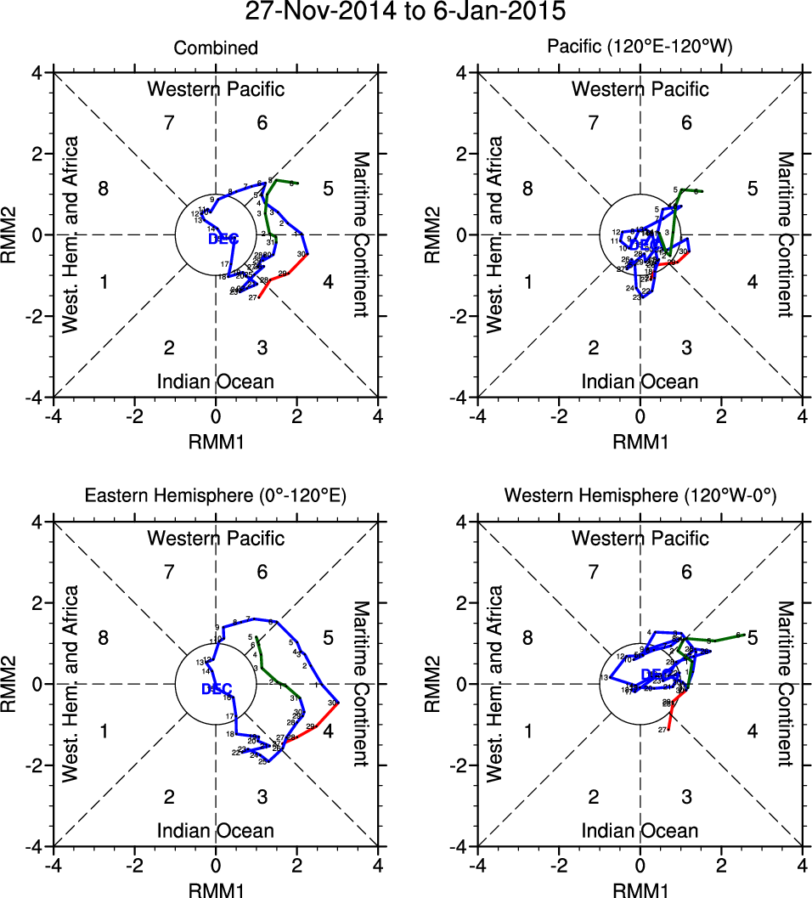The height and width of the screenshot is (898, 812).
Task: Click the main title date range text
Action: pyautogui.click(x=406, y=12)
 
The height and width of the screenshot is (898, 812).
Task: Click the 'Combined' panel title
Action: pyautogui.click(x=216, y=48)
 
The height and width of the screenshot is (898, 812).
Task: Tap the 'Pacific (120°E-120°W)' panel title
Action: pyautogui.click(x=640, y=48)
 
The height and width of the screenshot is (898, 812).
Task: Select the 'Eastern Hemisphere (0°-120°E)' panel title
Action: pyautogui.click(x=216, y=498)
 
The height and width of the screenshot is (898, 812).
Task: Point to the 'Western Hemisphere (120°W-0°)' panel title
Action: pyautogui.click(x=640, y=498)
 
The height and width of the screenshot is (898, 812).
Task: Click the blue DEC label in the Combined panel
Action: pyautogui.click(x=223, y=239)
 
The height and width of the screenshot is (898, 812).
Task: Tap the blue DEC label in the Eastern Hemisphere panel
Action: pyautogui.click(x=217, y=689)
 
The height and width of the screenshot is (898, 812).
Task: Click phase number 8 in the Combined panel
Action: pyautogui.click(x=104, y=189)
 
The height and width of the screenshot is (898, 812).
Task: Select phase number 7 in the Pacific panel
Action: pyautogui.click(x=594, y=122)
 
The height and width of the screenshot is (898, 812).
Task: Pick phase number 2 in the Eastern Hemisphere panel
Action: pyautogui.click(x=169, y=797)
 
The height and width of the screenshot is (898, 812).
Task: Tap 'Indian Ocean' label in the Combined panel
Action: pyautogui.click(x=216, y=381)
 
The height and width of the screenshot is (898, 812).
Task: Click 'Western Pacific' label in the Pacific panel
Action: pyautogui.click(x=640, y=88)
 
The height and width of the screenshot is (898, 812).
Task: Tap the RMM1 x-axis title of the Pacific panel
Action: pyautogui.click(x=640, y=442)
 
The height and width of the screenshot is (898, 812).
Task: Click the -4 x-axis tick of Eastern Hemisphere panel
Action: pyautogui.click(x=53, y=866)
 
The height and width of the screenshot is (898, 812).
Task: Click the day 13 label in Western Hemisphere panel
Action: pyautogui.click(x=604, y=678)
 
